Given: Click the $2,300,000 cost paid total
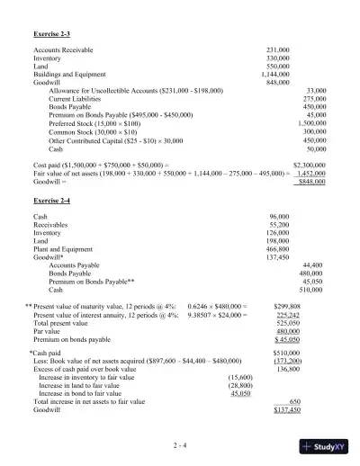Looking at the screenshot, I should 310,166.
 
